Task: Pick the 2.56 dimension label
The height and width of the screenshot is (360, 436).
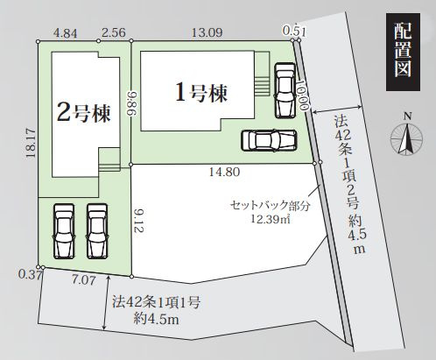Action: pos(114,32)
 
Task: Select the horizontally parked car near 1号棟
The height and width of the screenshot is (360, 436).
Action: pos(268,140)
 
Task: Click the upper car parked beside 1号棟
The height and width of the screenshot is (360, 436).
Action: pos(285,90)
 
